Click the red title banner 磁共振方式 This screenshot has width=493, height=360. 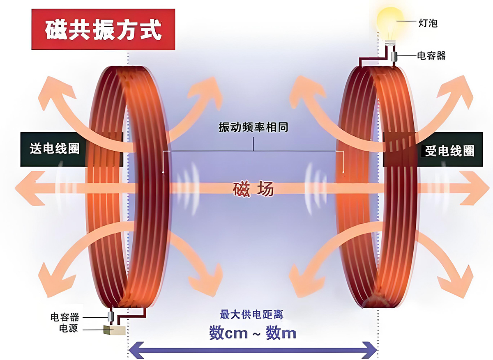pyautogui.click(x=103, y=29)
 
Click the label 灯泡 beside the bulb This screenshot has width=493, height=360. pyautogui.click(x=428, y=23)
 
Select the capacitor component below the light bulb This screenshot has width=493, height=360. pyautogui.click(x=394, y=56)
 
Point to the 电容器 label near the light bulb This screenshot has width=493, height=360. pyautogui.click(x=431, y=56)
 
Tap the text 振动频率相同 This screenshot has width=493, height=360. pyautogui.click(x=253, y=127)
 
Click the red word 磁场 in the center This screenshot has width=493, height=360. pyautogui.click(x=253, y=189)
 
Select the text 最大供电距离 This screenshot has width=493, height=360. pyautogui.click(x=251, y=315)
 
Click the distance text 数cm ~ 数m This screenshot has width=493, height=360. pyautogui.click(x=252, y=333)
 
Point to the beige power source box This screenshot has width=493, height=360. pyautogui.click(x=115, y=330)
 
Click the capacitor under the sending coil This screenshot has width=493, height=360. pyautogui.click(x=111, y=316)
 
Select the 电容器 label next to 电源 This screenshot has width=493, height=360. pyautogui.click(x=65, y=317)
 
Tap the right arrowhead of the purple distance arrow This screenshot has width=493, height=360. pyautogui.click(x=370, y=350)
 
